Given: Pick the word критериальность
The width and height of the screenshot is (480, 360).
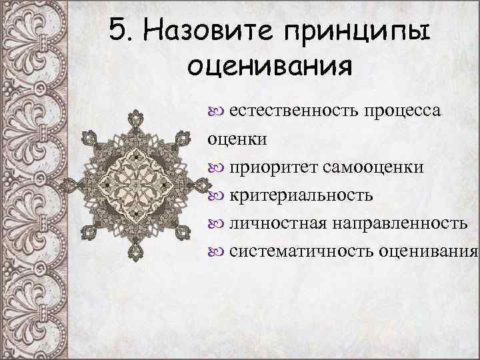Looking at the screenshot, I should pyautogui.click(x=301, y=195).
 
